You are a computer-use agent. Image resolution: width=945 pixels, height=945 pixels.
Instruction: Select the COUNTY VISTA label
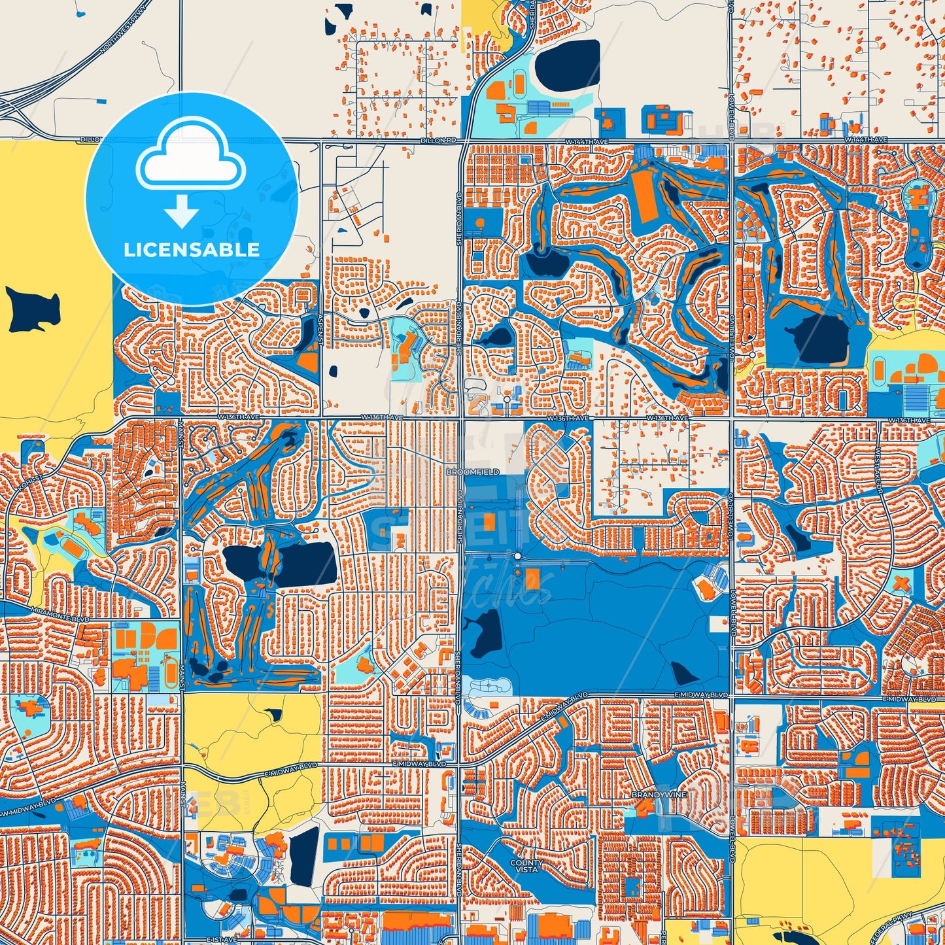coord(526,866)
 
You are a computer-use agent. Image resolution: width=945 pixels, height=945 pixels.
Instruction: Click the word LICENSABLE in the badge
coord(192,249)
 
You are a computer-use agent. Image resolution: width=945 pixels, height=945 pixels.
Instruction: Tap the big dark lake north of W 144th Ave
coord(566,65)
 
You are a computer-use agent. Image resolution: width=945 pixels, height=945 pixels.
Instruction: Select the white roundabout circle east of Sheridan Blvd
coord(517,556)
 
